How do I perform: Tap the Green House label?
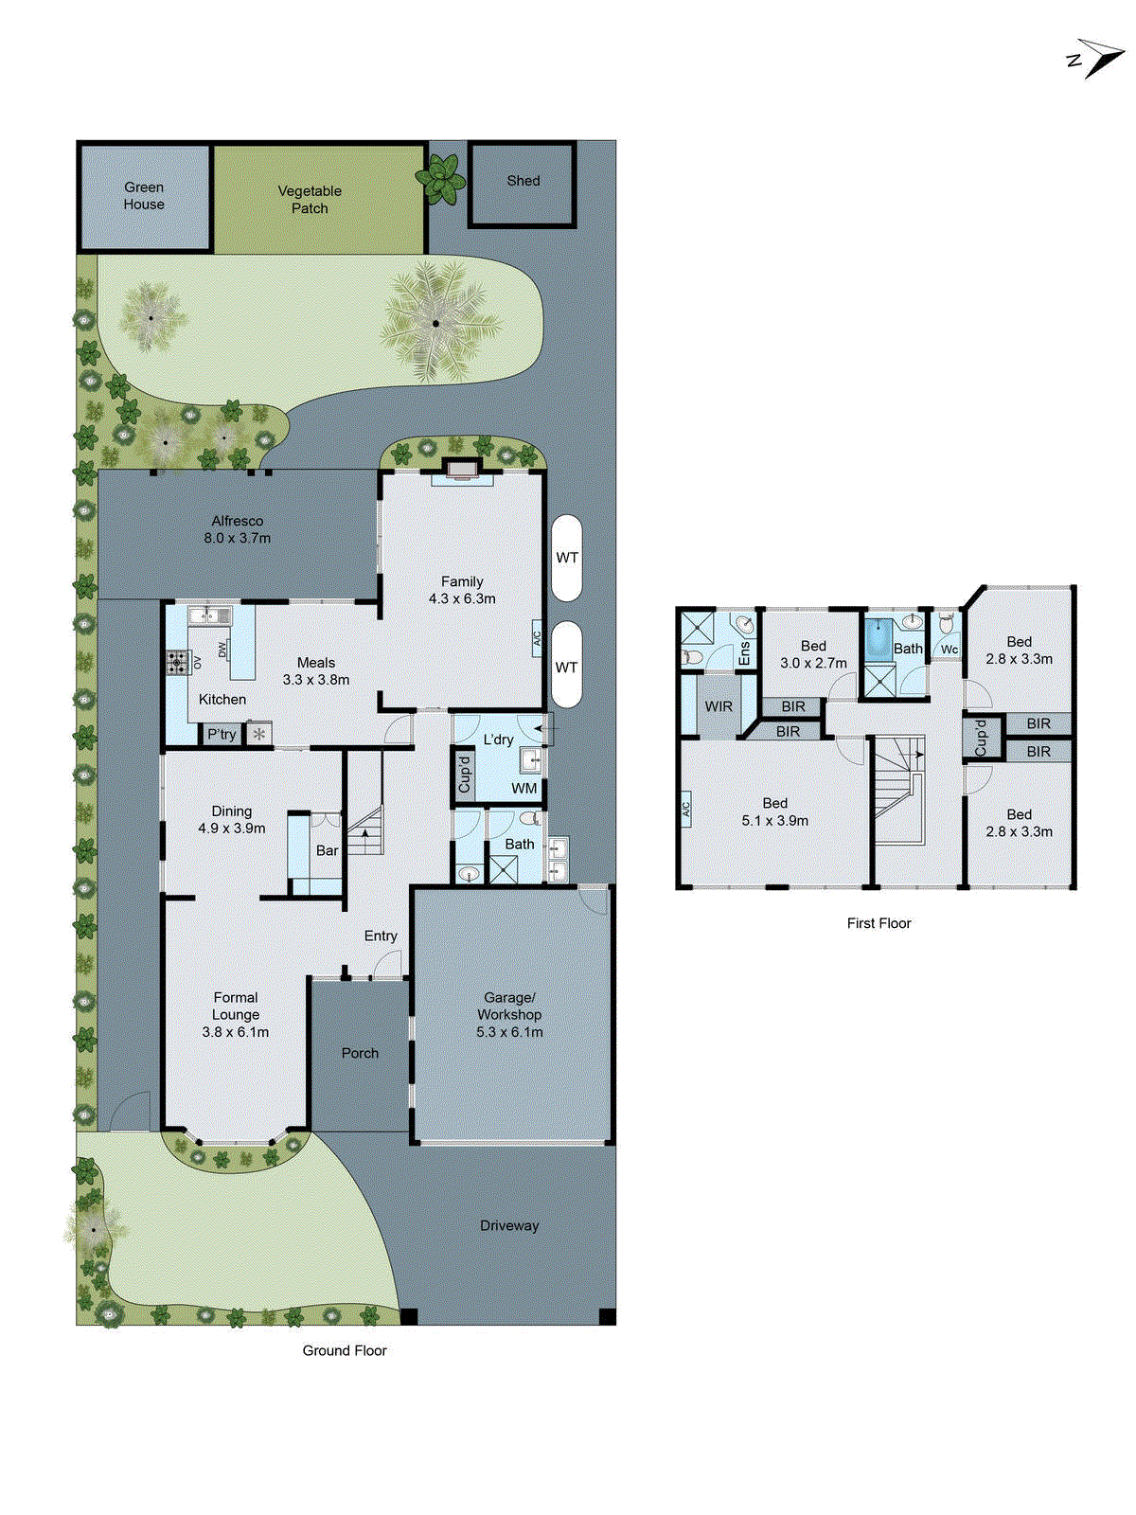144,196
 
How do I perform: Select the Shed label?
523,181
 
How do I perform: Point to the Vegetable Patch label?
310,200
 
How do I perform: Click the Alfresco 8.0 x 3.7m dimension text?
237,538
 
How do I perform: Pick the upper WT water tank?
566,558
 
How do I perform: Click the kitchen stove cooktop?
178,662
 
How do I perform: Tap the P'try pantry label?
222,735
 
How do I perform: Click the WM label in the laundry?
524,788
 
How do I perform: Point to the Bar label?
328,850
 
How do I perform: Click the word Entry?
381,936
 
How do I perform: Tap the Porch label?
360,1053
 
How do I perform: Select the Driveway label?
509,1225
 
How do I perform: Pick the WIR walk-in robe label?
719,706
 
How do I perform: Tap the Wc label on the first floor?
950,650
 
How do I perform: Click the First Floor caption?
879,923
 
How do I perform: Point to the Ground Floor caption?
345,1350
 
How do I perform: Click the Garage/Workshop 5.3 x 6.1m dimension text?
509,1032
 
